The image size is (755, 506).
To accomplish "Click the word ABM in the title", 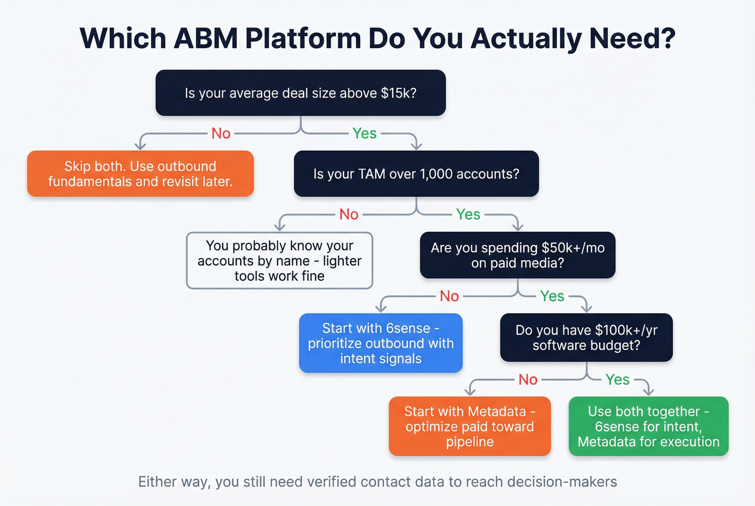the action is pos(206,38).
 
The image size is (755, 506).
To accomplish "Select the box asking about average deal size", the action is pos(301,93).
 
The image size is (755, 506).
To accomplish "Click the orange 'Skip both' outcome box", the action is pos(141,174).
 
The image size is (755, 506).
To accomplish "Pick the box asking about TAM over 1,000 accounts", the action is pos(416,174).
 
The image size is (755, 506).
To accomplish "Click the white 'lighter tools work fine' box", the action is pos(279,260).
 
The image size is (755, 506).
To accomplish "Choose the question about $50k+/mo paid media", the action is pos(518,255).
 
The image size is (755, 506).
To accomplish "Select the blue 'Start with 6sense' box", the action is pos(381,343).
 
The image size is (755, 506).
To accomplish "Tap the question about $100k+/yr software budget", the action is pos(587,337).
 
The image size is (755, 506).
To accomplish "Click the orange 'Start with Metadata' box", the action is pos(470,426).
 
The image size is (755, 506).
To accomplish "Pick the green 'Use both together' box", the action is pos(648,426).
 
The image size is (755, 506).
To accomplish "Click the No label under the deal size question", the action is pos(221,134).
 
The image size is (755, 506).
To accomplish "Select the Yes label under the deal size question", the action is pos(365,134).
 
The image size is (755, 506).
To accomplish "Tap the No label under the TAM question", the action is pos(348,214).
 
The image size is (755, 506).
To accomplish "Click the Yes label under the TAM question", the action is pos(468,214).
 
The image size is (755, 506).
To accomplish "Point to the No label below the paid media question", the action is pos(449,296).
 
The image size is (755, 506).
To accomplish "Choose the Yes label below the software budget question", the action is pos(617,380).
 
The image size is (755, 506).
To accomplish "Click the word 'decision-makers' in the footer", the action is pos(562,482).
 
